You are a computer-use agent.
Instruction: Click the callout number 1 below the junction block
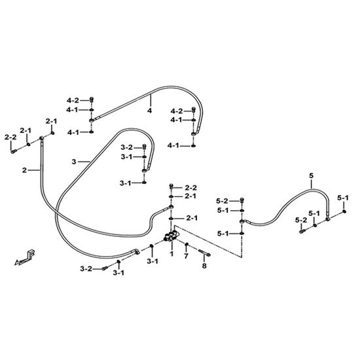[x=171, y=254]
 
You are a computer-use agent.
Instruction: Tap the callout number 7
[x=186, y=256]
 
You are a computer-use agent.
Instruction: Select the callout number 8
[x=204, y=266]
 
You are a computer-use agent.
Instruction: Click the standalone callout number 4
[x=150, y=111]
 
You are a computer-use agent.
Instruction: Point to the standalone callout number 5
[x=311, y=176]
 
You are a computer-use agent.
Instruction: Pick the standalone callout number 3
[x=74, y=162]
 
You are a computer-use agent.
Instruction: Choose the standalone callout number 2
[x=24, y=170]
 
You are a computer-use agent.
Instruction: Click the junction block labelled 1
[x=172, y=236]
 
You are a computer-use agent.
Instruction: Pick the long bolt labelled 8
[x=204, y=253]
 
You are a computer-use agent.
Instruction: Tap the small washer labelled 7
[x=187, y=244]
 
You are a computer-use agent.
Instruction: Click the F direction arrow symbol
[x=25, y=257]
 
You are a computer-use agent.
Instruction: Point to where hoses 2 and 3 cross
[x=56, y=214]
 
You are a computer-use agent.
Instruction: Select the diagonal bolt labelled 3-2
[x=105, y=268]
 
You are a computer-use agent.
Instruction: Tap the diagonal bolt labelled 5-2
[x=302, y=231]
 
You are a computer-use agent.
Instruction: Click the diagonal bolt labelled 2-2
[x=14, y=151]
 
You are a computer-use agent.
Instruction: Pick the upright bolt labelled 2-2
[x=171, y=186]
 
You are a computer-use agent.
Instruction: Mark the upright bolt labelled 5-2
[x=242, y=200]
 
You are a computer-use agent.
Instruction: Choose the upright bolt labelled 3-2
[x=144, y=147]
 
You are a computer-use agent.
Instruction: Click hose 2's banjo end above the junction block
[x=170, y=207]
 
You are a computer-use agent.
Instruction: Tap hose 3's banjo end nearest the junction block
[x=136, y=251]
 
